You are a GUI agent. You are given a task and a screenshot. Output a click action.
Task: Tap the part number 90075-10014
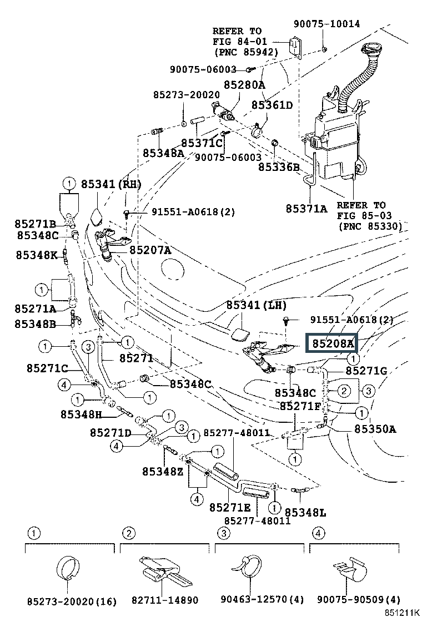coord(326,24)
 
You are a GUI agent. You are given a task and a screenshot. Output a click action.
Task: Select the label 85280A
coord(244,85)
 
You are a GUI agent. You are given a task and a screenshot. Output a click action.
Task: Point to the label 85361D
coord(272,105)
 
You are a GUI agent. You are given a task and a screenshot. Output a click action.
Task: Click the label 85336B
coord(279,166)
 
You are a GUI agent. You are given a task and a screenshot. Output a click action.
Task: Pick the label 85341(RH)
coord(111,184)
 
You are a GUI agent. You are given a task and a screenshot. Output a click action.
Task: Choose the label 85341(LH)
coord(256,306)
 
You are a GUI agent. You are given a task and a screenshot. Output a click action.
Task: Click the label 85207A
coord(150,250)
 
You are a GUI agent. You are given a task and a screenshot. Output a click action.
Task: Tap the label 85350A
coord(375,428)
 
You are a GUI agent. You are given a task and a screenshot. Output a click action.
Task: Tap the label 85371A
coord(306,209)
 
